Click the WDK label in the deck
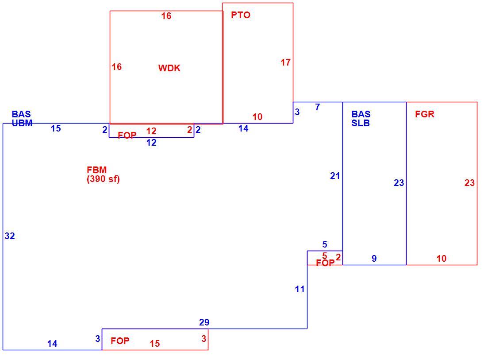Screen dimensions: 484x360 coord(169,68)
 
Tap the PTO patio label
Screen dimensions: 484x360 coord(241,15)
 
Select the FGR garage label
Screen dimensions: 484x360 coord(424,114)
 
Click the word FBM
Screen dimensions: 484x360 coord(96,170)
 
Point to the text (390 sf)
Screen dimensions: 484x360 coord(103,178)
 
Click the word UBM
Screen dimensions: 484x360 coord(22,123)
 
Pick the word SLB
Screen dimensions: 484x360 coord(361,123)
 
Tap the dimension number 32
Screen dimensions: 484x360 coord(10,236)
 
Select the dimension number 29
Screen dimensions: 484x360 coord(204,322)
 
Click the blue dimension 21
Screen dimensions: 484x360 coord(335,176)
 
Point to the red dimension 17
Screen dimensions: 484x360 coord(285,62)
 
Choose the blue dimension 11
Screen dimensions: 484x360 coord(300,289)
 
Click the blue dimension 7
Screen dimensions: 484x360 coord(317,107)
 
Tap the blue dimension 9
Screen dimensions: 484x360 coord(374,259)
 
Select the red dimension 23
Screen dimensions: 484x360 coord(469,183)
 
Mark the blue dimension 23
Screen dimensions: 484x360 coord(399,183)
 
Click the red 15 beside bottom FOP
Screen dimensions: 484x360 coord(155,344)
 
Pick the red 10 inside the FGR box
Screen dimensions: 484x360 coord(442,259)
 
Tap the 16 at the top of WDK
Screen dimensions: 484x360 coord(166,16)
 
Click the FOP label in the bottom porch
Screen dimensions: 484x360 coord(120,341)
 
